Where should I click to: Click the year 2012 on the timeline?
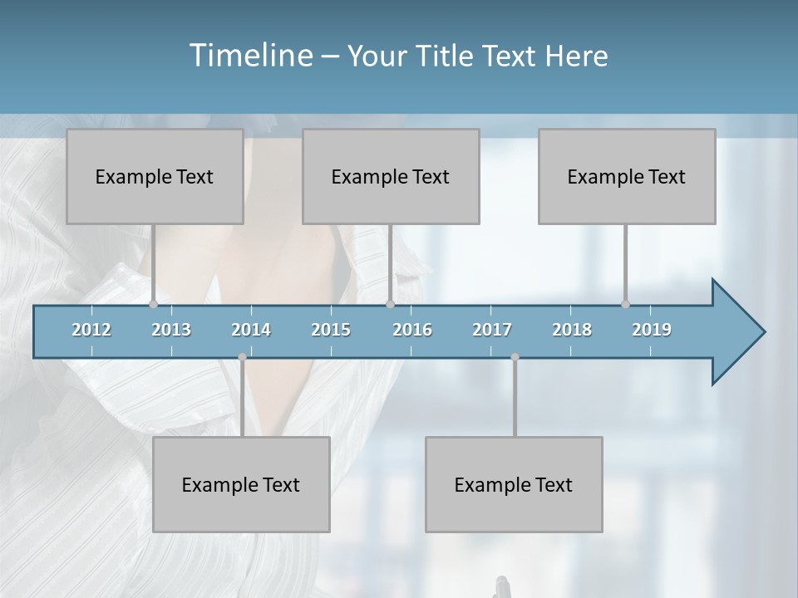(x=91, y=330)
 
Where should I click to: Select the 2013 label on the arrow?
(x=171, y=330)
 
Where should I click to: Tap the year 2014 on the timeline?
(x=251, y=330)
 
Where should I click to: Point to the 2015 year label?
(x=331, y=330)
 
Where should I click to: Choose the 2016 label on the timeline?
(x=412, y=330)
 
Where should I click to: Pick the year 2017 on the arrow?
(x=492, y=330)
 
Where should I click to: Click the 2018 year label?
(x=572, y=330)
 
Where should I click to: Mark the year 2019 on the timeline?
(x=652, y=330)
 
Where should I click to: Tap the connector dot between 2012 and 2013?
(x=154, y=305)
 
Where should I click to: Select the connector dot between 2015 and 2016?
(x=390, y=305)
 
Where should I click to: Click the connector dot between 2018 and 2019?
(x=626, y=305)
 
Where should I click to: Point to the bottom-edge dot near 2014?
(x=242, y=357)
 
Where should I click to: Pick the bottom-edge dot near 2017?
(x=515, y=357)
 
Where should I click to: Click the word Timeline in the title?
(x=249, y=56)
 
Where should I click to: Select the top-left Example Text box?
(x=155, y=176)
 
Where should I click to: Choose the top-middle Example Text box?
(x=391, y=176)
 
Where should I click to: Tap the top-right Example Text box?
(x=627, y=176)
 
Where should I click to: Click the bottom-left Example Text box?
(x=241, y=484)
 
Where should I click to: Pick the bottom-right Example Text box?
(x=514, y=484)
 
